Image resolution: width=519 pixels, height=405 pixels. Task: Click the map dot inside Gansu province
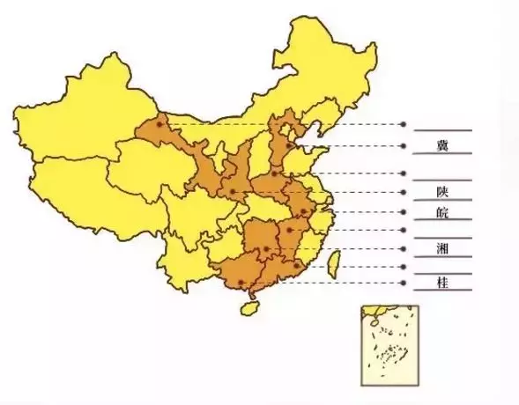[x=159, y=125]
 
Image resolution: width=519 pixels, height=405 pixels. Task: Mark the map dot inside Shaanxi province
[x=232, y=192]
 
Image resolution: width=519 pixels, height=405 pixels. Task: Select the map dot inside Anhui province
[x=304, y=212]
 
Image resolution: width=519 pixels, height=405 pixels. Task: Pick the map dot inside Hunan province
[x=266, y=249]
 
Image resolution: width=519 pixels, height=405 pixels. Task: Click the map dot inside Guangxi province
[x=243, y=282]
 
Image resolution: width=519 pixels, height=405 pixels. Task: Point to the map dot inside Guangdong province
[x=297, y=265]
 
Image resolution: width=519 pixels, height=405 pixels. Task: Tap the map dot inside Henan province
[x=275, y=173]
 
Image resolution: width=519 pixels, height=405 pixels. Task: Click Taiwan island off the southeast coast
[x=335, y=261]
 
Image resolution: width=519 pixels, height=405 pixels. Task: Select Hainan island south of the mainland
[x=250, y=310]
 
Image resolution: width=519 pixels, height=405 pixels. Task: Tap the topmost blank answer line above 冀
[x=441, y=129]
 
